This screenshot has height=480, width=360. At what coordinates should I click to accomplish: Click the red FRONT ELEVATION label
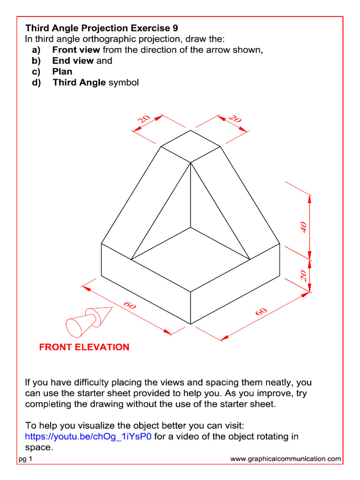click(84, 347)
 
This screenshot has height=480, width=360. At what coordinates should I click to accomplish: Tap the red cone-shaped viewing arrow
click(89, 320)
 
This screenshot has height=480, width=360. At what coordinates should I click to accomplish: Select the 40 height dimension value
click(304, 227)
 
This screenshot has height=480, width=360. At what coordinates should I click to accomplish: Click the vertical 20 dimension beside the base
click(304, 275)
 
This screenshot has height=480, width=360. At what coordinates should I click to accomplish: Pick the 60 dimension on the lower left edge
click(130, 306)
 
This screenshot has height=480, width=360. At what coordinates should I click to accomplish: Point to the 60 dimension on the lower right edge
click(261, 312)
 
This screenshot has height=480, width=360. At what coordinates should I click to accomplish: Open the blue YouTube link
click(88, 437)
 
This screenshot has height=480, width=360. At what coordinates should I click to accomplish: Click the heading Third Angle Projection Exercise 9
click(102, 28)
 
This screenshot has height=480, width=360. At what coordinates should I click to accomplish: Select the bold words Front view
click(76, 50)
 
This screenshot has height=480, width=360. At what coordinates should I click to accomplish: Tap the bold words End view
click(73, 60)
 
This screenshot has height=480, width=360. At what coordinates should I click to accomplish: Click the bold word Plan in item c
click(62, 72)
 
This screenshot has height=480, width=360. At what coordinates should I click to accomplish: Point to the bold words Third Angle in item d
click(79, 83)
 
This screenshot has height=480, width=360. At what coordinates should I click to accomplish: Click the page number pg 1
click(25, 459)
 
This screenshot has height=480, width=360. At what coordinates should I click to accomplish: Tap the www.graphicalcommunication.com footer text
click(285, 459)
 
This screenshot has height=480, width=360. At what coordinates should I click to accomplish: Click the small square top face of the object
click(191, 146)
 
